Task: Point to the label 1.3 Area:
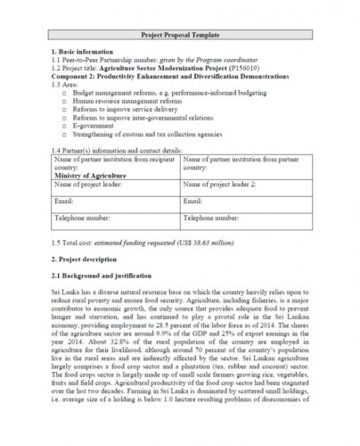click(x=68, y=84)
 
